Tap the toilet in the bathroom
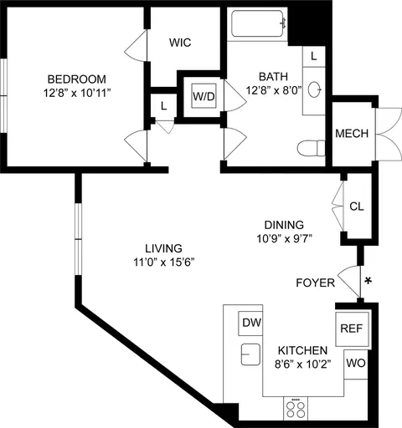tap(311, 148)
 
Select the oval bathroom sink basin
tap(315, 89)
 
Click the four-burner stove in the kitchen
tap(296, 409)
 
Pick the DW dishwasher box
tap(250, 324)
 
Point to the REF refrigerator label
tap(352, 329)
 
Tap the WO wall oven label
tap(356, 363)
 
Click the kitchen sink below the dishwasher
tap(250, 354)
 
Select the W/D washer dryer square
tap(204, 96)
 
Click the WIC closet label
tap(180, 43)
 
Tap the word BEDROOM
tap(77, 79)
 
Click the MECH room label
tap(352, 134)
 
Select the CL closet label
tap(357, 206)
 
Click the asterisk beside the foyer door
tap(368, 281)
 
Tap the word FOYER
tap(316, 283)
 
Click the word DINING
tap(284, 225)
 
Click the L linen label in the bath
tap(314, 57)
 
